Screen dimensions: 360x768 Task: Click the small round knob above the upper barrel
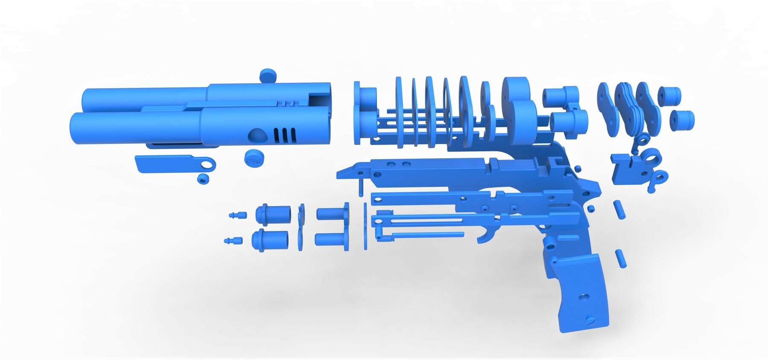click(x=268, y=75)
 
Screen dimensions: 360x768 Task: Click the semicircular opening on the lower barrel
click(x=257, y=135)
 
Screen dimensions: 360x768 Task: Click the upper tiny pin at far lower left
click(x=238, y=215)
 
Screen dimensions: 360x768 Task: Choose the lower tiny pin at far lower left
click(x=233, y=241)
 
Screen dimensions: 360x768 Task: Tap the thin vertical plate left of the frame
click(x=365, y=226)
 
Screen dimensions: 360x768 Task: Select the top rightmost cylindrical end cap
click(x=669, y=96)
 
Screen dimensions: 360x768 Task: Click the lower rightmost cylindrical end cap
click(x=682, y=120)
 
